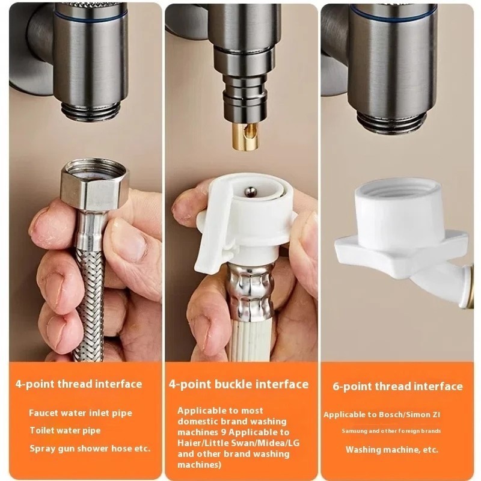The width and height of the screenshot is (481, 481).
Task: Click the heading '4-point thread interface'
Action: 79,384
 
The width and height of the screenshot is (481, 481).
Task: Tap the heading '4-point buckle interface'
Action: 239,384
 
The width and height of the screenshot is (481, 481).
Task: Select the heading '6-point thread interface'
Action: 397,386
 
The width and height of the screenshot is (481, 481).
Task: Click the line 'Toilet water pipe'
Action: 66,430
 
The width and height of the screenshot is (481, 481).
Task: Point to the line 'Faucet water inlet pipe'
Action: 81,413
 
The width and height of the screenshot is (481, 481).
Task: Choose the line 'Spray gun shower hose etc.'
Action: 90,449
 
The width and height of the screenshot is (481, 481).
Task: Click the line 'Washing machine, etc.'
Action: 392,450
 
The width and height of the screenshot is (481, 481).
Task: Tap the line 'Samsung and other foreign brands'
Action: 391,431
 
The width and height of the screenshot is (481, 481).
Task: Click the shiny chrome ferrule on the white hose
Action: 250,292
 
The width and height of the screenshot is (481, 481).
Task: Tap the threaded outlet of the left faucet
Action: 91,111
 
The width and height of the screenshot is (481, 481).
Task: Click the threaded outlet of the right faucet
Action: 388,119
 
